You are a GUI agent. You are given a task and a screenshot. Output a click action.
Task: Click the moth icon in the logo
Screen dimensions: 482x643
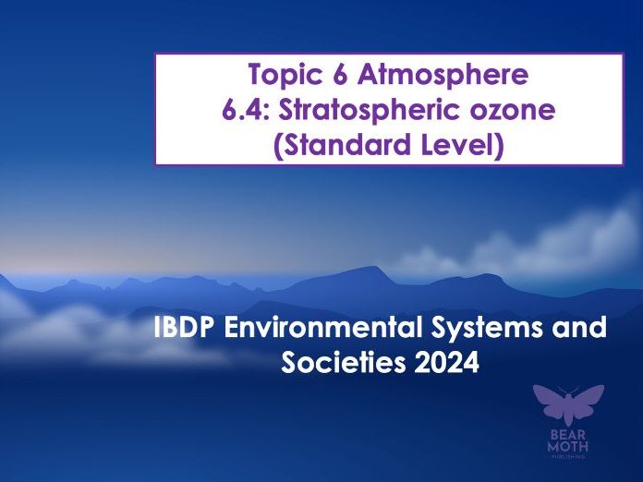click(x=568, y=404)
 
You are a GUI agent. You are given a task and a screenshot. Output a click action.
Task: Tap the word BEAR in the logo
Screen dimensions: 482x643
click(x=569, y=434)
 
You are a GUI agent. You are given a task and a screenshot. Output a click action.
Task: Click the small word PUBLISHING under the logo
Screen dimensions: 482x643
click(x=569, y=456)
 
